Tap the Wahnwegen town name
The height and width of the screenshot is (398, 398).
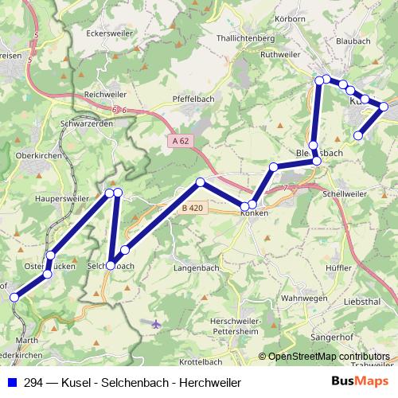click(x=305, y=298)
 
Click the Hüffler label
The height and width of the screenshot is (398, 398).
click(x=338, y=268)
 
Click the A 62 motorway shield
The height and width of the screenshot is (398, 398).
click(x=181, y=141)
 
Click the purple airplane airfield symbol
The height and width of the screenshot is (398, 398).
click(x=155, y=323)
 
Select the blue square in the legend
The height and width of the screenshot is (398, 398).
click(x=13, y=382)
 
